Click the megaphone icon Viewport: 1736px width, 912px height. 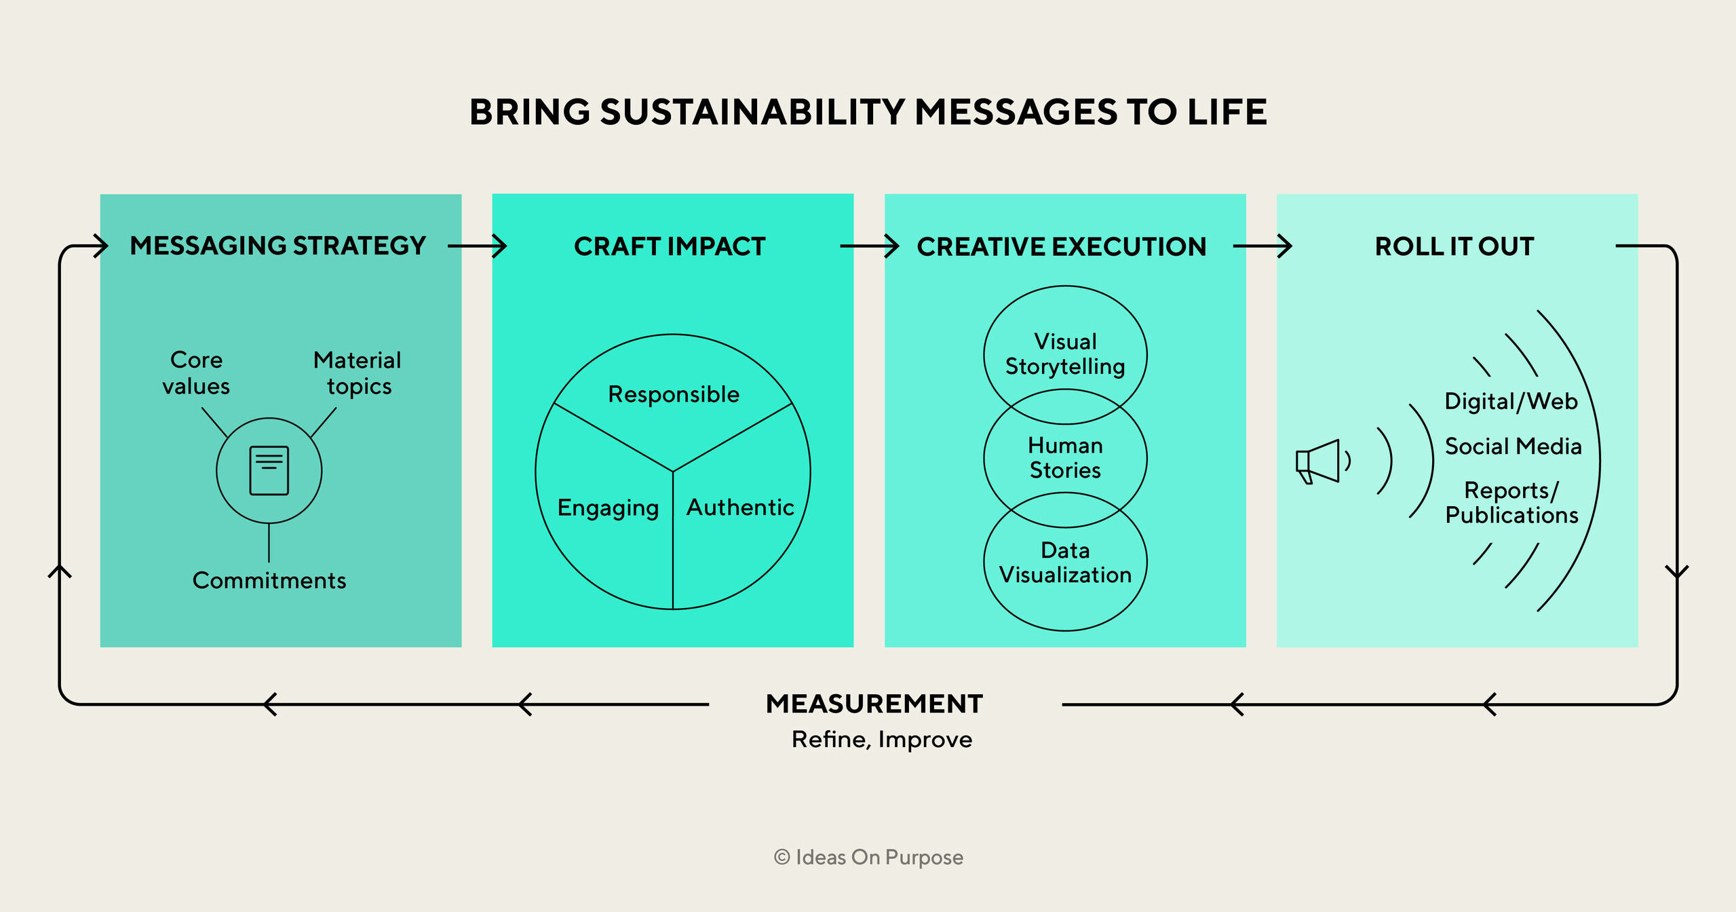(1318, 461)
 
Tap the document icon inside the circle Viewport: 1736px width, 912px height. (269, 470)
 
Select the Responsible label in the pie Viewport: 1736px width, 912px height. (674, 394)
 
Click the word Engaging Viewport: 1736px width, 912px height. (608, 508)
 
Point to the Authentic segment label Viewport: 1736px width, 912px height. (740, 508)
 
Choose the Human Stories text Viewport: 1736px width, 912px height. (1065, 458)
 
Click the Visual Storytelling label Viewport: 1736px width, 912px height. (1065, 354)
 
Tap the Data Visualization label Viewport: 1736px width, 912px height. (1065, 563)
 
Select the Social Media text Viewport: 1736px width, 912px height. (1513, 446)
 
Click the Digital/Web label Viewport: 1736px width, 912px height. (1511, 401)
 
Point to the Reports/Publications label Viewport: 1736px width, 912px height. (1511, 503)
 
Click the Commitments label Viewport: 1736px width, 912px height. (269, 581)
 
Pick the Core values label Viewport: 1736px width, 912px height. (196, 373)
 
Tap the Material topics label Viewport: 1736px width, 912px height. (358, 373)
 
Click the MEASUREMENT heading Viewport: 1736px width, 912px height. (874, 704)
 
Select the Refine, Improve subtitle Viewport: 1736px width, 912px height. (881, 739)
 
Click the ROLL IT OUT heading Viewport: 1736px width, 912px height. (1454, 246)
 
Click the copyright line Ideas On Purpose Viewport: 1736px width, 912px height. (868, 857)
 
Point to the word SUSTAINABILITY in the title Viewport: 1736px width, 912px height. (753, 112)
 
